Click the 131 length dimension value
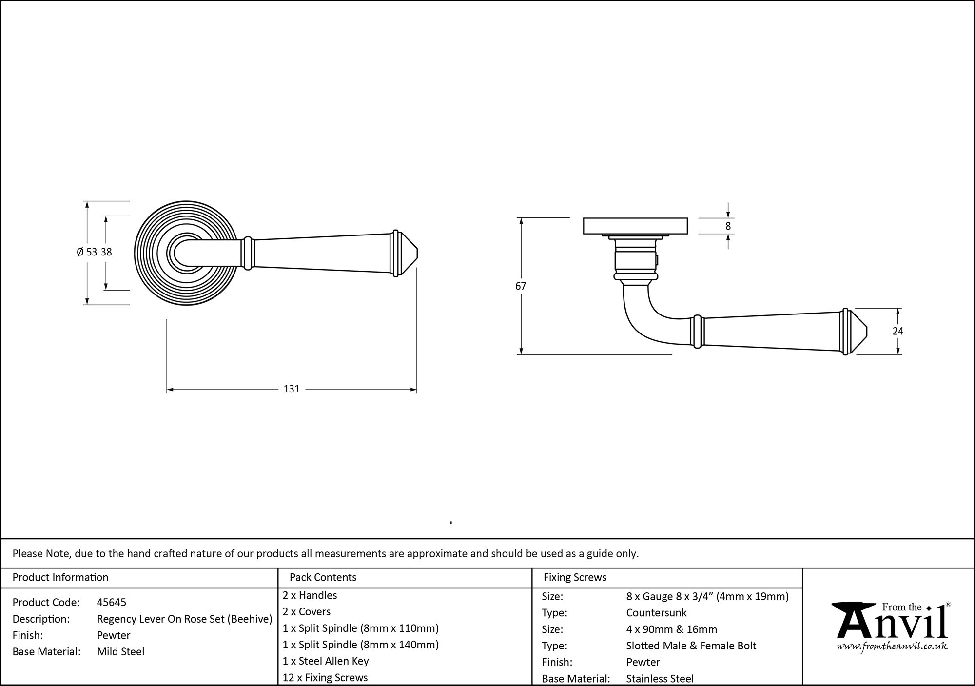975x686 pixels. (292, 389)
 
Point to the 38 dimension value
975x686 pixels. (106, 252)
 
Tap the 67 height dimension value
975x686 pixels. (521, 286)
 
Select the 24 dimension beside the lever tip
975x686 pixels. (897, 331)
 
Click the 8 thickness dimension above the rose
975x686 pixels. (728, 226)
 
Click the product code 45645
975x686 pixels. (112, 602)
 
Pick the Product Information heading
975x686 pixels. (60, 577)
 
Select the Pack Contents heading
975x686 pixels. (323, 577)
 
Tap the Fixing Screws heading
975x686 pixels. (575, 577)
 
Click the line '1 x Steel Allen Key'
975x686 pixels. (326, 661)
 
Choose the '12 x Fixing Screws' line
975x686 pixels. (325, 677)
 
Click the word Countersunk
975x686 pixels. (656, 613)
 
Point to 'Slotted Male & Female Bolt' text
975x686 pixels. (691, 646)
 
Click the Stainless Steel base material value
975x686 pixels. (660, 678)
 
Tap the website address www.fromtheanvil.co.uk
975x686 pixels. (892, 647)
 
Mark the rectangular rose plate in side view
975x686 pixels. (635, 226)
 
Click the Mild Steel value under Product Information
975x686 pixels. (120, 651)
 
